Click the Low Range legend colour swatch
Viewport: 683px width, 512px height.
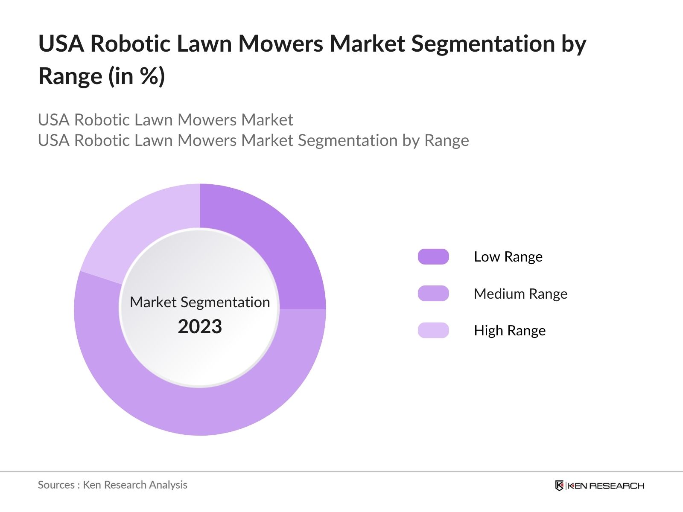tap(433, 257)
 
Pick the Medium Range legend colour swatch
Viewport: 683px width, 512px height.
tap(433, 294)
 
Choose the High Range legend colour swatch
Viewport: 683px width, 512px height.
tap(433, 330)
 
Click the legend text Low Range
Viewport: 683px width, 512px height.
tap(508, 257)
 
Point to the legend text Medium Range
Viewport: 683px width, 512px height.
tap(520, 294)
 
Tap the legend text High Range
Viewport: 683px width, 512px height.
tap(510, 331)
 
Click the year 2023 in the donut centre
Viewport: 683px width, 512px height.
tap(200, 327)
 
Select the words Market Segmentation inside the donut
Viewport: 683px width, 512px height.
tap(200, 302)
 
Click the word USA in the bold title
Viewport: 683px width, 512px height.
tap(61, 44)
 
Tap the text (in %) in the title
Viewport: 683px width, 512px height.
tap(137, 77)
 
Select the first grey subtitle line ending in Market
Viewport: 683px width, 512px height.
tap(166, 120)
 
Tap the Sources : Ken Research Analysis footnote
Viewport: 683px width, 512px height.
tap(113, 485)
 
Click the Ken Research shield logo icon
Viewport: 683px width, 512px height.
tap(559, 486)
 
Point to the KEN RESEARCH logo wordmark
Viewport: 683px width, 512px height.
tap(606, 486)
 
